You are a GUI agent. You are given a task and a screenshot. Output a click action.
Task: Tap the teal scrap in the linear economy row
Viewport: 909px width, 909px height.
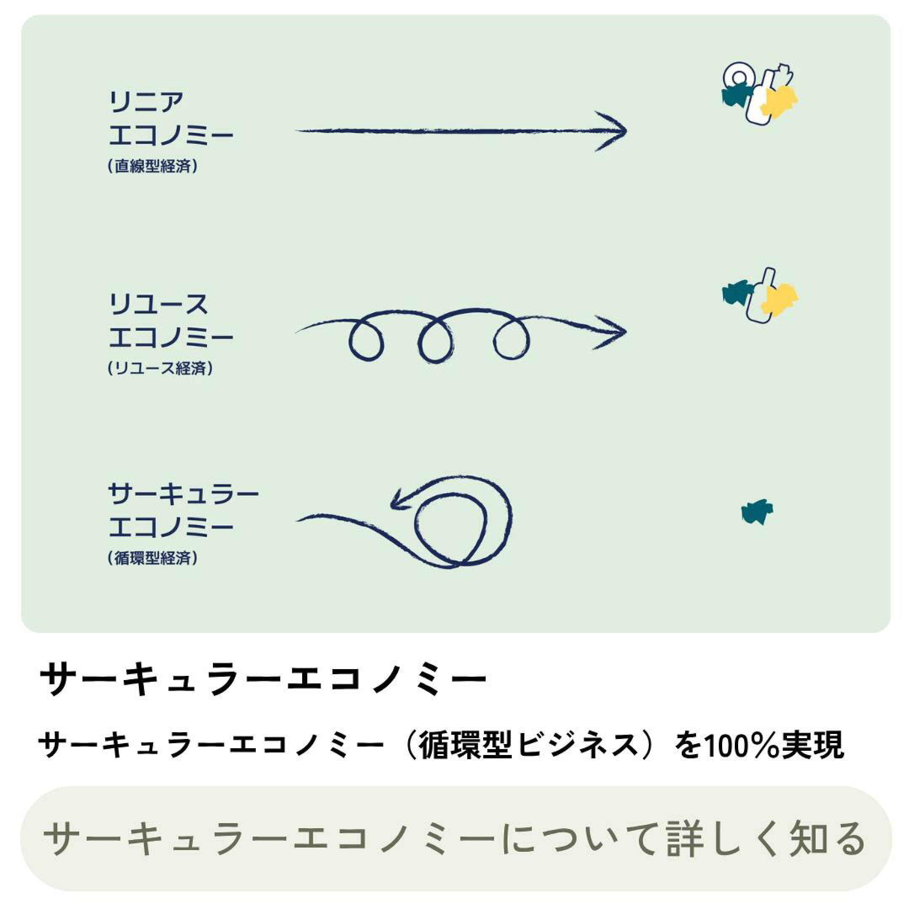click(737, 96)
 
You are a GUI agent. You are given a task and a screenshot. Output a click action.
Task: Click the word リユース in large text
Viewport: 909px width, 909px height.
click(158, 304)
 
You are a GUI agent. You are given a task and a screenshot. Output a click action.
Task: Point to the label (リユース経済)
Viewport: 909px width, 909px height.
click(160, 368)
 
